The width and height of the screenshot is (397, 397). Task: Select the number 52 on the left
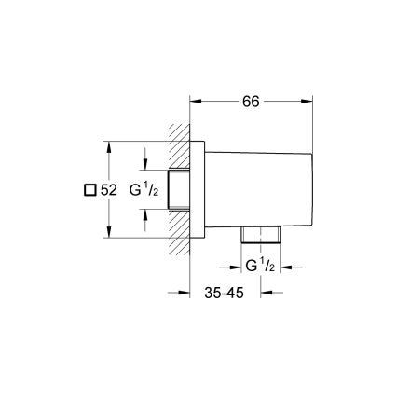coord(108,189)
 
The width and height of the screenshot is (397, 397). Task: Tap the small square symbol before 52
coord(89,189)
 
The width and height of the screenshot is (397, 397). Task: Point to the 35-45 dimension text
coord(224,292)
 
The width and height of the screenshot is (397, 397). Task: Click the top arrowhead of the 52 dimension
coord(110,146)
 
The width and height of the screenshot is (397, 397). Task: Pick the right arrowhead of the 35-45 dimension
coord(265,292)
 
